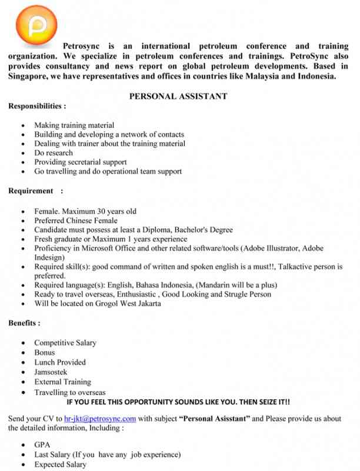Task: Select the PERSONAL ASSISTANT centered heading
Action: pyautogui.click(x=178, y=97)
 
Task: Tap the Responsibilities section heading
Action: pyautogui.click(x=36, y=107)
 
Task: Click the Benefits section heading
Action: pyautogui.click(x=24, y=323)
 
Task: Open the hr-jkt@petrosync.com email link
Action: pyautogui.click(x=100, y=419)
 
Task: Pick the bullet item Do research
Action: pyautogui.click(x=54, y=152)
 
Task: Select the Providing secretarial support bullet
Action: pyautogui.click(x=80, y=162)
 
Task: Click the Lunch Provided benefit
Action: pyautogui.click(x=59, y=362)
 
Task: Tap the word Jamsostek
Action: pyautogui.click(x=51, y=372)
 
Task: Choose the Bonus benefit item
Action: pyautogui.click(x=45, y=353)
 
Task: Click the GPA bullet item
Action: pyautogui.click(x=42, y=445)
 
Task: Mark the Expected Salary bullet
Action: pyautogui.click(x=60, y=465)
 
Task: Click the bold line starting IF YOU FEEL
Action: pyautogui.click(x=178, y=402)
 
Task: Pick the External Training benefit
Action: pyautogui.click(x=62, y=382)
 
